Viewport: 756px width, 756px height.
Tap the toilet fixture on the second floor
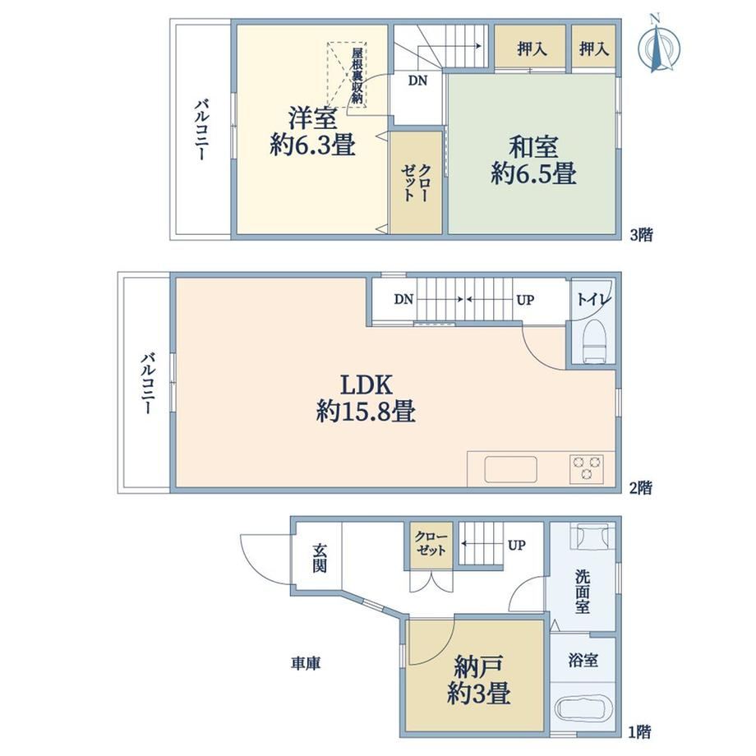tap(594, 341)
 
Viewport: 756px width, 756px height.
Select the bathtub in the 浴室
tap(583, 710)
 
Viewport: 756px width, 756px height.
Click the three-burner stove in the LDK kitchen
tap(586, 468)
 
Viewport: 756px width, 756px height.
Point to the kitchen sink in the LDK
tap(510, 468)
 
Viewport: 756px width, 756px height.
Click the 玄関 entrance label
tap(319, 558)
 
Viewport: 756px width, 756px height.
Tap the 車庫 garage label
tap(305, 663)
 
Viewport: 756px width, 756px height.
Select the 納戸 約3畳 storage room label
tap(478, 680)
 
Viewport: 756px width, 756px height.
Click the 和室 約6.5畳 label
tap(534, 160)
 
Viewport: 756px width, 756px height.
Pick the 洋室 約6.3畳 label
tap(312, 131)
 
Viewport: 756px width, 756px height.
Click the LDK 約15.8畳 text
tap(366, 399)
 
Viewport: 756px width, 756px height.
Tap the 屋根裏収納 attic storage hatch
tap(347, 75)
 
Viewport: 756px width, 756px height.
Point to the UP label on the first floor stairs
tap(516, 546)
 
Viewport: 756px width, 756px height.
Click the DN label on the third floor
tap(417, 81)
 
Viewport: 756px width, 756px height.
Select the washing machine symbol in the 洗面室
tap(592, 536)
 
